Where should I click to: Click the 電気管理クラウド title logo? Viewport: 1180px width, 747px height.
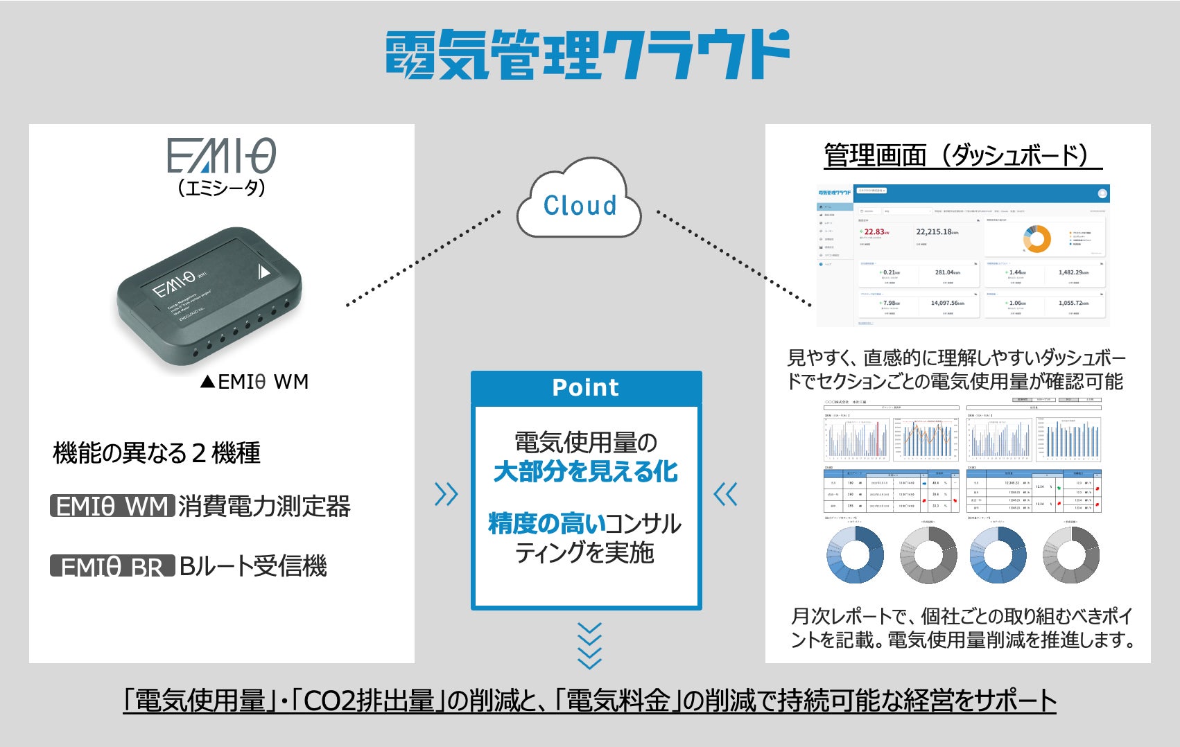(588, 54)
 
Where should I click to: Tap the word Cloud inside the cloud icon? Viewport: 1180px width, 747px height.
(580, 205)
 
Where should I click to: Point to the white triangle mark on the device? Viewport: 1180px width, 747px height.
(263, 270)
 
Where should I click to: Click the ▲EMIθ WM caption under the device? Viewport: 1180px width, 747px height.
(254, 382)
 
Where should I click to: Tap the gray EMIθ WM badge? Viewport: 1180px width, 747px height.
(112, 507)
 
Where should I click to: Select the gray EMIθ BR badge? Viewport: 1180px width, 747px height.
(112, 567)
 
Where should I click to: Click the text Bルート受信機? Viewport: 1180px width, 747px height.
(253, 567)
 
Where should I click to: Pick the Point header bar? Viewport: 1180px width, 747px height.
(586, 387)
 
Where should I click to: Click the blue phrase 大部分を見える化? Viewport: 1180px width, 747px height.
(586, 472)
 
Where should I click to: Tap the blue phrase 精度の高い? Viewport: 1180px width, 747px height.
(537, 524)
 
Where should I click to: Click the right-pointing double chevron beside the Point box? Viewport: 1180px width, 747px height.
(446, 494)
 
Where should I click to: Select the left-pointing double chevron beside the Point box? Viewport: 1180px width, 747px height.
(726, 494)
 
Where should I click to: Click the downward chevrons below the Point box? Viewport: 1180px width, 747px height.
(589, 646)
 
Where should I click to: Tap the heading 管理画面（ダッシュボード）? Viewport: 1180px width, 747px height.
(963, 155)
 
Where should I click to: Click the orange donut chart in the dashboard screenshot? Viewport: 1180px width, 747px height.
(1037, 238)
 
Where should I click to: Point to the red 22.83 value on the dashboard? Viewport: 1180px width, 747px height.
(874, 232)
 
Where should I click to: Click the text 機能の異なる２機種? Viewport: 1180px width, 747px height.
(157, 453)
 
